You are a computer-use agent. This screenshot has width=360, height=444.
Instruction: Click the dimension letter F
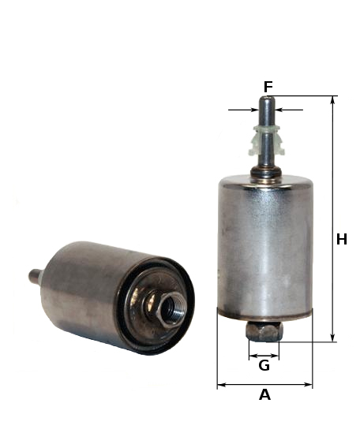click(x=268, y=87)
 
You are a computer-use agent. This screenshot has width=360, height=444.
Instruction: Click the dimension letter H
click(x=342, y=239)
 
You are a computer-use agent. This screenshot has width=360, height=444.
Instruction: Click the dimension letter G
click(x=264, y=365)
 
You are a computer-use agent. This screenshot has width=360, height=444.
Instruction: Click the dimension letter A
click(x=264, y=394)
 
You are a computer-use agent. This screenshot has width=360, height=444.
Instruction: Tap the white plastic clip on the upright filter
click(x=267, y=140)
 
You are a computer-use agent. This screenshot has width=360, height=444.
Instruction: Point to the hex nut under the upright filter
click(x=264, y=331)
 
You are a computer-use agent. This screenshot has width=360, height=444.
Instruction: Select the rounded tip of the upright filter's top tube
click(x=267, y=99)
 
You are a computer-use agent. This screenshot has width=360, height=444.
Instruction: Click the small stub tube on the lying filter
click(x=36, y=276)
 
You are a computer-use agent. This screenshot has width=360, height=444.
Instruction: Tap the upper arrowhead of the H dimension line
click(x=333, y=99)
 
